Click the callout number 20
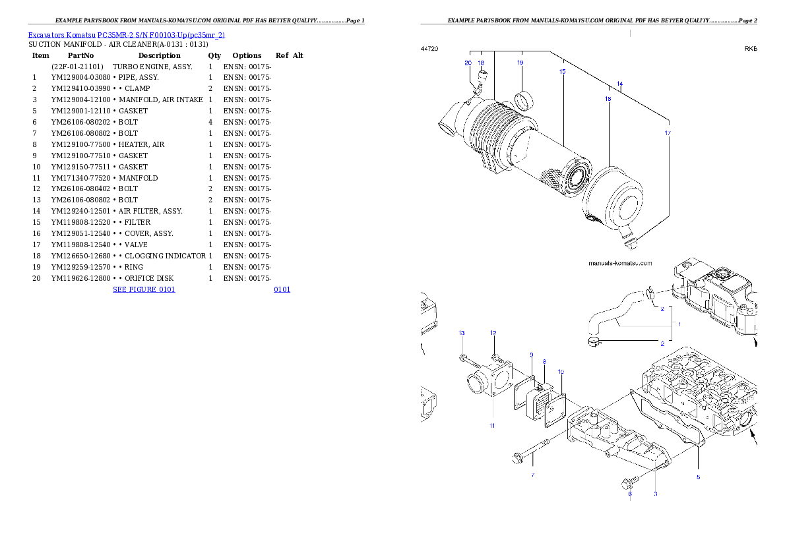(x=468, y=63)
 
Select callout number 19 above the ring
(x=520, y=63)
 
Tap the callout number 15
(x=562, y=71)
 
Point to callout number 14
(x=619, y=84)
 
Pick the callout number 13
(x=462, y=332)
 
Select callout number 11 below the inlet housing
(x=492, y=426)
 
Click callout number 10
(x=561, y=372)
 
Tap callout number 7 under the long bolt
(x=533, y=475)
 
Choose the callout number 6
(x=629, y=493)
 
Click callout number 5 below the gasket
(x=698, y=476)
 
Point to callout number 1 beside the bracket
(x=679, y=324)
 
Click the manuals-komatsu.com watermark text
(x=619, y=263)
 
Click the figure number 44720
(x=429, y=49)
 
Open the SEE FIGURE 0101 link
(x=143, y=289)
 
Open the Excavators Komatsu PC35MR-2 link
(x=126, y=35)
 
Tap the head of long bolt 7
(x=518, y=457)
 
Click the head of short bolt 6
(x=626, y=484)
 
